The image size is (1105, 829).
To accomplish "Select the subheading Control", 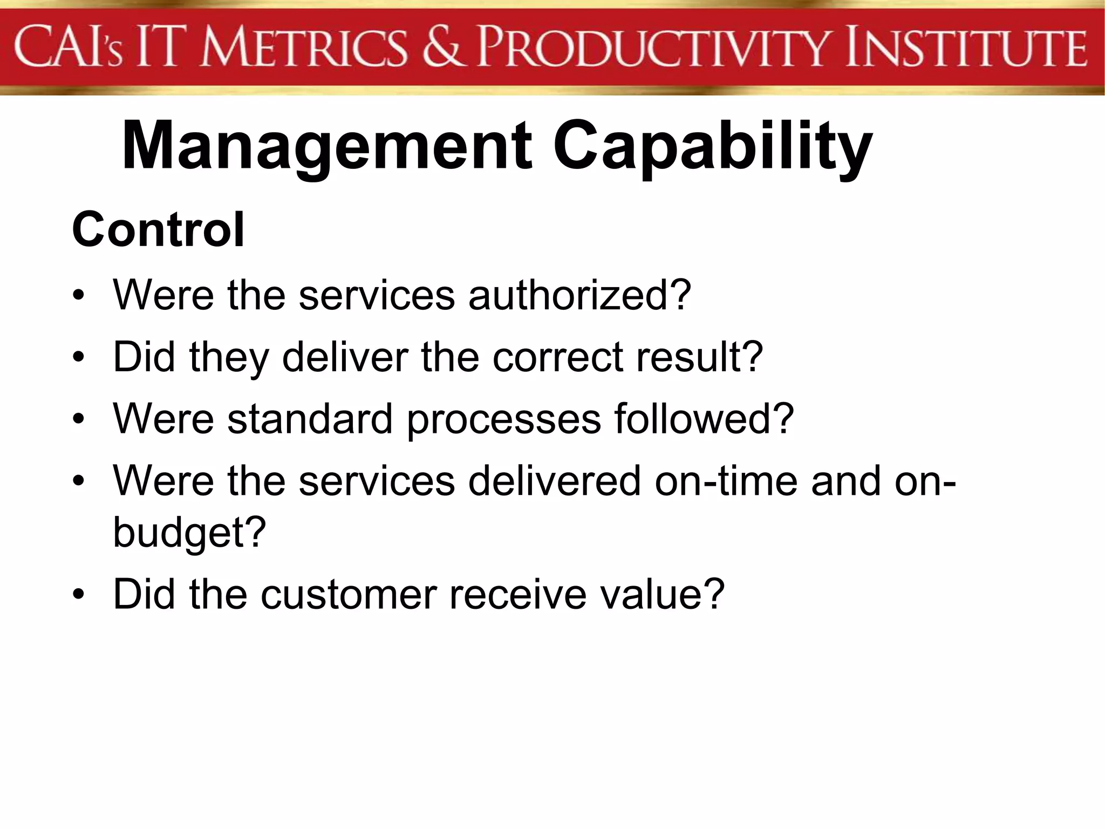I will point(158,230).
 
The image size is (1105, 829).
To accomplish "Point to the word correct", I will point(558,357).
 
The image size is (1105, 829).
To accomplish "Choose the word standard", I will point(310,419).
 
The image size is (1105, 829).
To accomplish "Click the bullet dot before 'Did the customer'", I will point(79,595).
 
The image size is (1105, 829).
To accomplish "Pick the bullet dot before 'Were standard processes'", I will point(79,420).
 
